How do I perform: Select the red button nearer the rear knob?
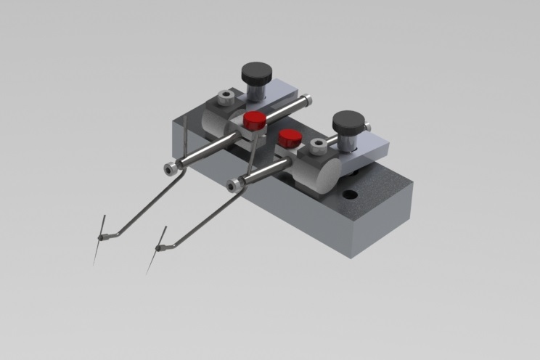coord(254,120)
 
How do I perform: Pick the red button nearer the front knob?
coord(290,137)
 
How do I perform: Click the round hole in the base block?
coord(351,195)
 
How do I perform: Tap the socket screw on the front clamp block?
coord(316,147)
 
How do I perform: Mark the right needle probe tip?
coord(148,271)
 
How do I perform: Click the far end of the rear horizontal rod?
coord(308,99)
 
